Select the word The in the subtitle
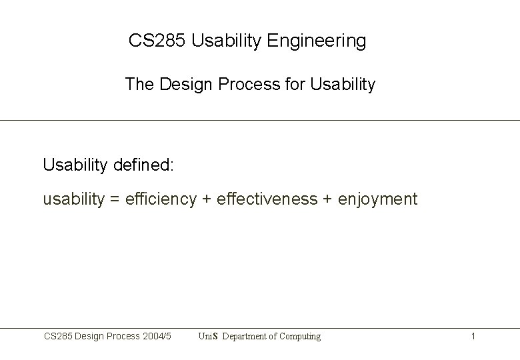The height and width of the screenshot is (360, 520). coord(139,85)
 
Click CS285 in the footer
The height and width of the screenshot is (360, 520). coord(57,337)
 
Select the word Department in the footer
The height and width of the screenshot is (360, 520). coord(246,337)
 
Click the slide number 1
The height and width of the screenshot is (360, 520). coord(473,337)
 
